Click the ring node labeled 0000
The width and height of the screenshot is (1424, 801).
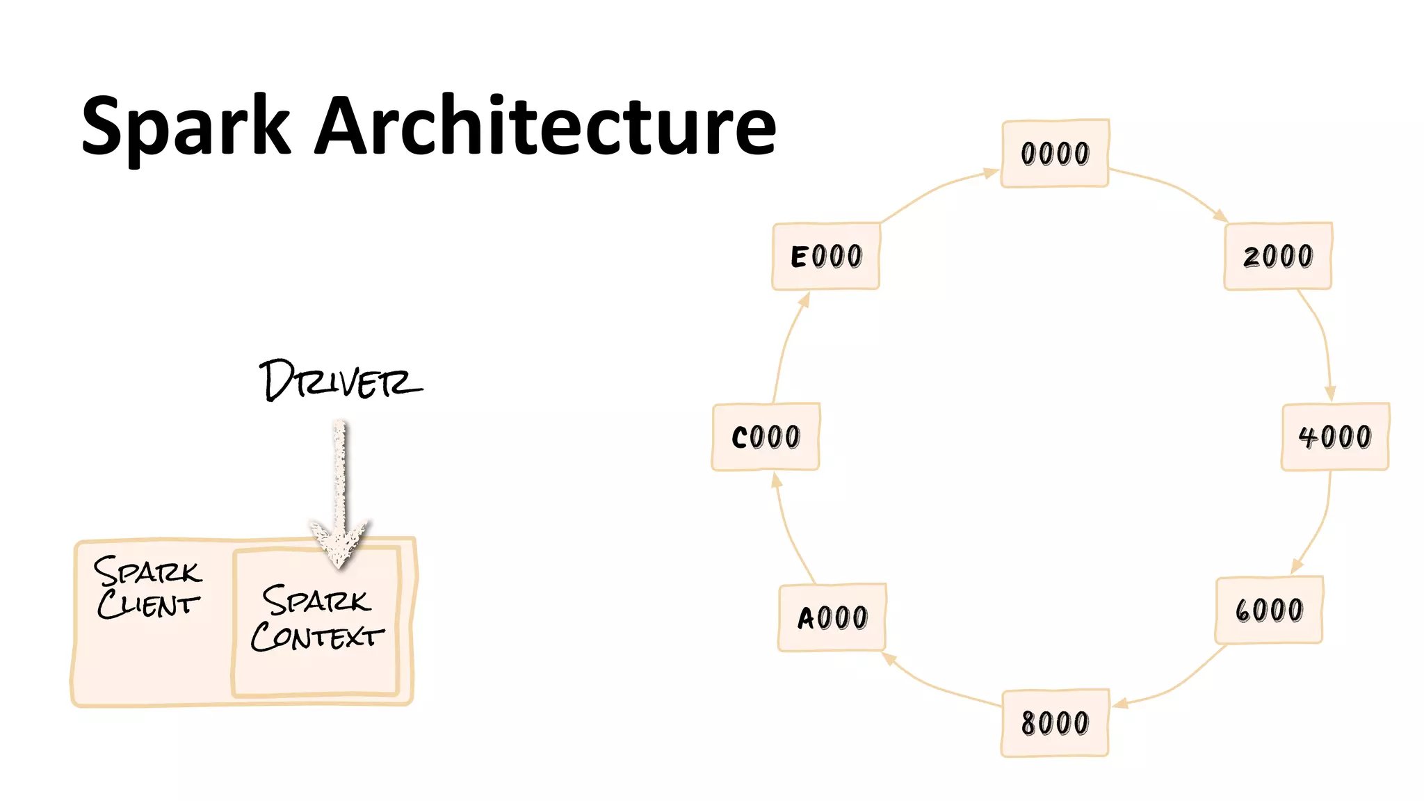click(x=1054, y=153)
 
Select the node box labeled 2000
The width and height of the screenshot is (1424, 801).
click(x=1277, y=256)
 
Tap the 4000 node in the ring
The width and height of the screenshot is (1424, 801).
click(x=1335, y=437)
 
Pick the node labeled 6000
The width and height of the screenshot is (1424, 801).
click(x=1269, y=610)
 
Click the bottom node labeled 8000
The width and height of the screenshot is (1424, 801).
click(x=1054, y=723)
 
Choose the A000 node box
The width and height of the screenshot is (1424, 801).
click(x=832, y=617)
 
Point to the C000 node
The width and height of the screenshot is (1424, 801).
click(x=766, y=437)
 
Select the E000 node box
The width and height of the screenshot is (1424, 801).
click(x=825, y=256)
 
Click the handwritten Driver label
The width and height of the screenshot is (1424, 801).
click(x=339, y=381)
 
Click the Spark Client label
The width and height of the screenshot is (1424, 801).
click(x=148, y=588)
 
